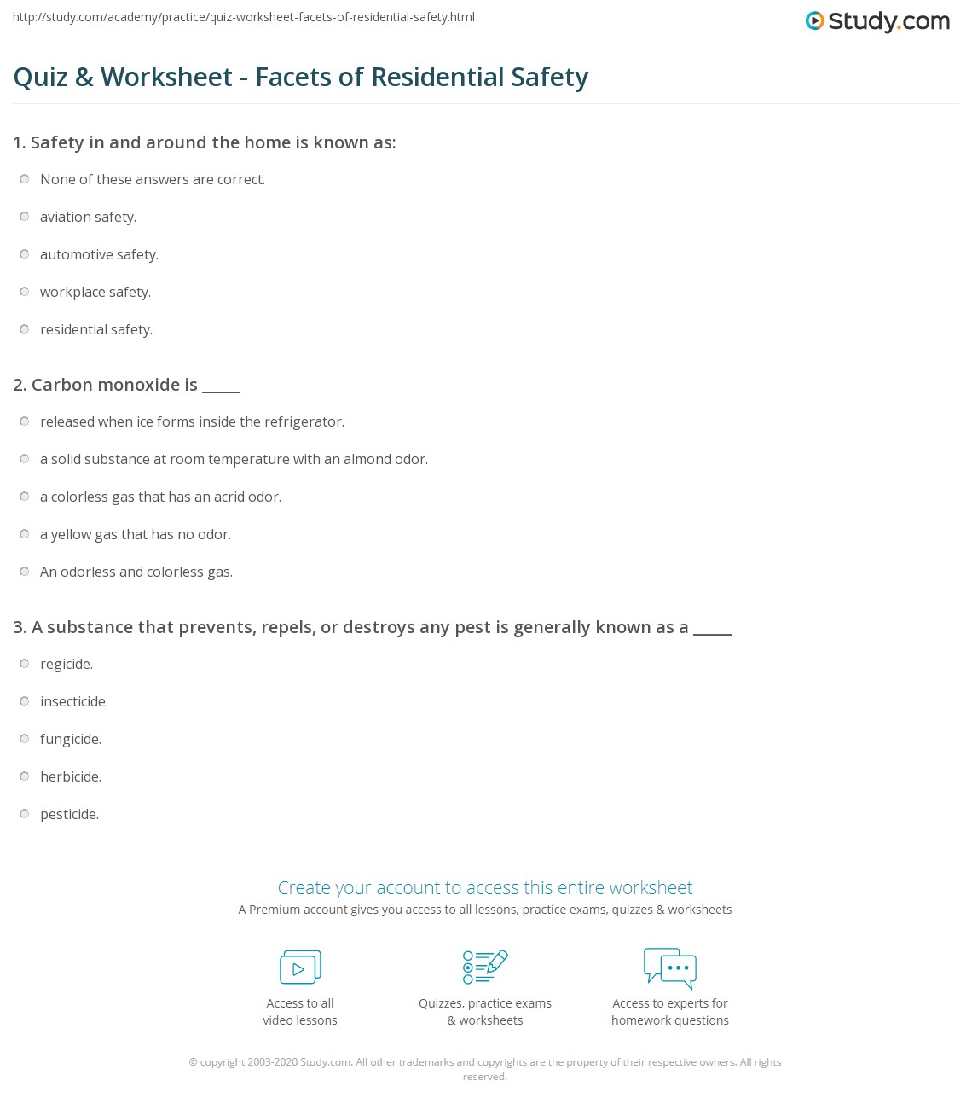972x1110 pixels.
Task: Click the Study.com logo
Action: (877, 20)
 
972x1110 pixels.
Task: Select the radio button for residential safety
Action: (25, 329)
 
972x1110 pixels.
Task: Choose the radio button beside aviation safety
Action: (25, 217)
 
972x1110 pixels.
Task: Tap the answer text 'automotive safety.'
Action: (99, 254)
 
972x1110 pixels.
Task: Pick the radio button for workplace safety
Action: (25, 292)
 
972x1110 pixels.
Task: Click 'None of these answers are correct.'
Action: (153, 179)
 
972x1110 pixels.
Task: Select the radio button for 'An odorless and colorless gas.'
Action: (25, 572)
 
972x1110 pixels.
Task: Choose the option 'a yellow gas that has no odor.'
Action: (136, 534)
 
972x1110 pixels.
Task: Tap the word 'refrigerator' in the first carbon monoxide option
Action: (304, 421)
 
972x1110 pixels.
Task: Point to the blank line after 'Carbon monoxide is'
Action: (221, 389)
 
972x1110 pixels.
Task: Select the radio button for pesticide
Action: (25, 814)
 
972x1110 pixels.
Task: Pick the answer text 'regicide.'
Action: (67, 664)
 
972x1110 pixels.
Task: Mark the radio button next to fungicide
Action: (25, 739)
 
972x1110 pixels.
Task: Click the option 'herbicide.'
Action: (71, 776)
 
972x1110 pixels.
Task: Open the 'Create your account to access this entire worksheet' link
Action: (484, 887)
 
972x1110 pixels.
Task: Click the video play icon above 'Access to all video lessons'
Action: (300, 968)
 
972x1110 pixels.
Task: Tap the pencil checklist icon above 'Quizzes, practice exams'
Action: (485, 967)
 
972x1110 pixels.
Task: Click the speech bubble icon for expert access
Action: (670, 968)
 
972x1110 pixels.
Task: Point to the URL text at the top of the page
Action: (244, 17)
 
